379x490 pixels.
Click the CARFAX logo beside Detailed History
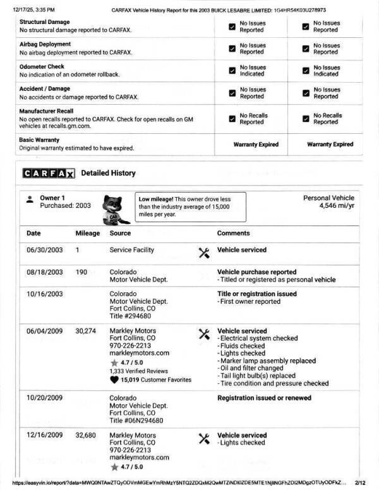point(49,173)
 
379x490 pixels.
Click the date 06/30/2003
point(45,250)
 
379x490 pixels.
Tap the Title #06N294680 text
point(136,421)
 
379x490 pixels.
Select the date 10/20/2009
point(45,398)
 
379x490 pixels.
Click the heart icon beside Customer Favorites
point(114,380)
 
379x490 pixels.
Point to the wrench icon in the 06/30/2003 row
point(204,253)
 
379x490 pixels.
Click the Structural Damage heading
point(45,22)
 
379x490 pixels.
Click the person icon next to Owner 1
point(30,199)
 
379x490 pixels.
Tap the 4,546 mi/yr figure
point(337,206)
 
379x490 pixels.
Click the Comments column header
point(234,233)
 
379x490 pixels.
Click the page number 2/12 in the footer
point(360,483)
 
